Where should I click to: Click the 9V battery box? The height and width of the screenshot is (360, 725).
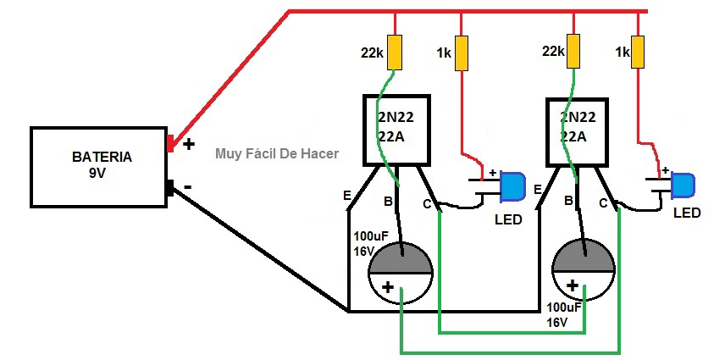coord(100,166)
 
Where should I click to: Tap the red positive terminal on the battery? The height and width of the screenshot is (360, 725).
coord(170,144)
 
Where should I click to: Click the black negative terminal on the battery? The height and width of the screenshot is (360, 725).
coord(170,187)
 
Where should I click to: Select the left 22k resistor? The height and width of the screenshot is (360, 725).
coord(394,53)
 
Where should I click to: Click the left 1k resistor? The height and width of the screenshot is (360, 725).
coord(462,53)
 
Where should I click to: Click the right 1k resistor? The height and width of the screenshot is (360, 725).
coord(639,52)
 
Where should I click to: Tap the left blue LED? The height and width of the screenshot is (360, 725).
coord(512,186)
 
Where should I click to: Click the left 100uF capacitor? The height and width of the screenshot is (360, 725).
coord(401,272)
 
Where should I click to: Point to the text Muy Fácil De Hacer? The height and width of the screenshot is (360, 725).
coord(277,153)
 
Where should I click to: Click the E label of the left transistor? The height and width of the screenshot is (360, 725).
coord(347,197)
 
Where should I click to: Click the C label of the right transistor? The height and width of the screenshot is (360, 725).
coord(604,202)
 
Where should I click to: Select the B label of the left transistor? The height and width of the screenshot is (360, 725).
coord(389,202)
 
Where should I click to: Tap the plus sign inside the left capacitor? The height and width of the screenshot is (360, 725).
coord(388,288)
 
